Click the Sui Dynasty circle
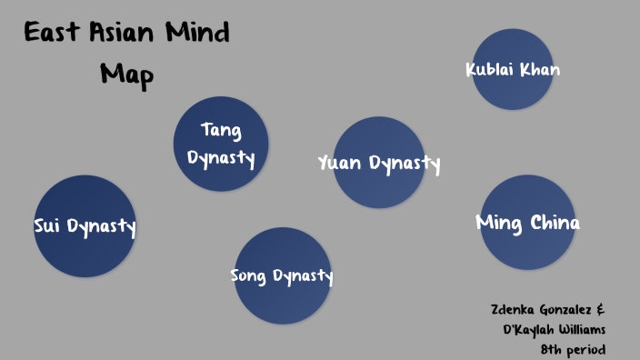(x=85, y=226)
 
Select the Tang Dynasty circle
(x=221, y=144)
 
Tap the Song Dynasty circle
(x=282, y=275)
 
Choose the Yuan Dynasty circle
(x=378, y=163)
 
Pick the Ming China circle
(x=527, y=223)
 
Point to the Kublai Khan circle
(x=513, y=69)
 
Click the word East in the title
(x=54, y=35)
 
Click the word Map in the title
(x=126, y=74)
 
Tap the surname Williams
(x=584, y=329)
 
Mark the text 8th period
(x=572, y=348)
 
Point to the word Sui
(x=47, y=226)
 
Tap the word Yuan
(x=340, y=164)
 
